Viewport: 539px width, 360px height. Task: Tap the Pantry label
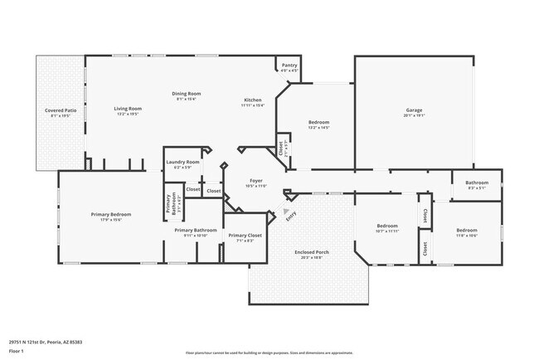289,65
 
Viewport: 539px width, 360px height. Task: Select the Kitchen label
252,100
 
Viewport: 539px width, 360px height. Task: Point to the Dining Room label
186,94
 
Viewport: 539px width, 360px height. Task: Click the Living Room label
128,109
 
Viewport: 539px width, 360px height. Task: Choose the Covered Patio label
61,110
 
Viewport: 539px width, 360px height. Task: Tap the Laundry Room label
182,162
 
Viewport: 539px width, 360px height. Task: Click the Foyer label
257,180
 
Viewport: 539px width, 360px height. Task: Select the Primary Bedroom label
110,214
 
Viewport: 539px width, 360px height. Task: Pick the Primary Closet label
245,235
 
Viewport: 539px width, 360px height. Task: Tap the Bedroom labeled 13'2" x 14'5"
319,123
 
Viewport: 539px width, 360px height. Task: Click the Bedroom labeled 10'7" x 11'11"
387,226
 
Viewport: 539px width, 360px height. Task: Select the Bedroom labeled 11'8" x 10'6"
466,231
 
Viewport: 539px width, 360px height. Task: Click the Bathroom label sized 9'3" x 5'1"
477,182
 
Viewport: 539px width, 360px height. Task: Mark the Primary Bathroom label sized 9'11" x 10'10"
195,230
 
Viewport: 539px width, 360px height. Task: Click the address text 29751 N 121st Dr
46,342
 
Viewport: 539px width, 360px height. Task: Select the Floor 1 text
17,351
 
